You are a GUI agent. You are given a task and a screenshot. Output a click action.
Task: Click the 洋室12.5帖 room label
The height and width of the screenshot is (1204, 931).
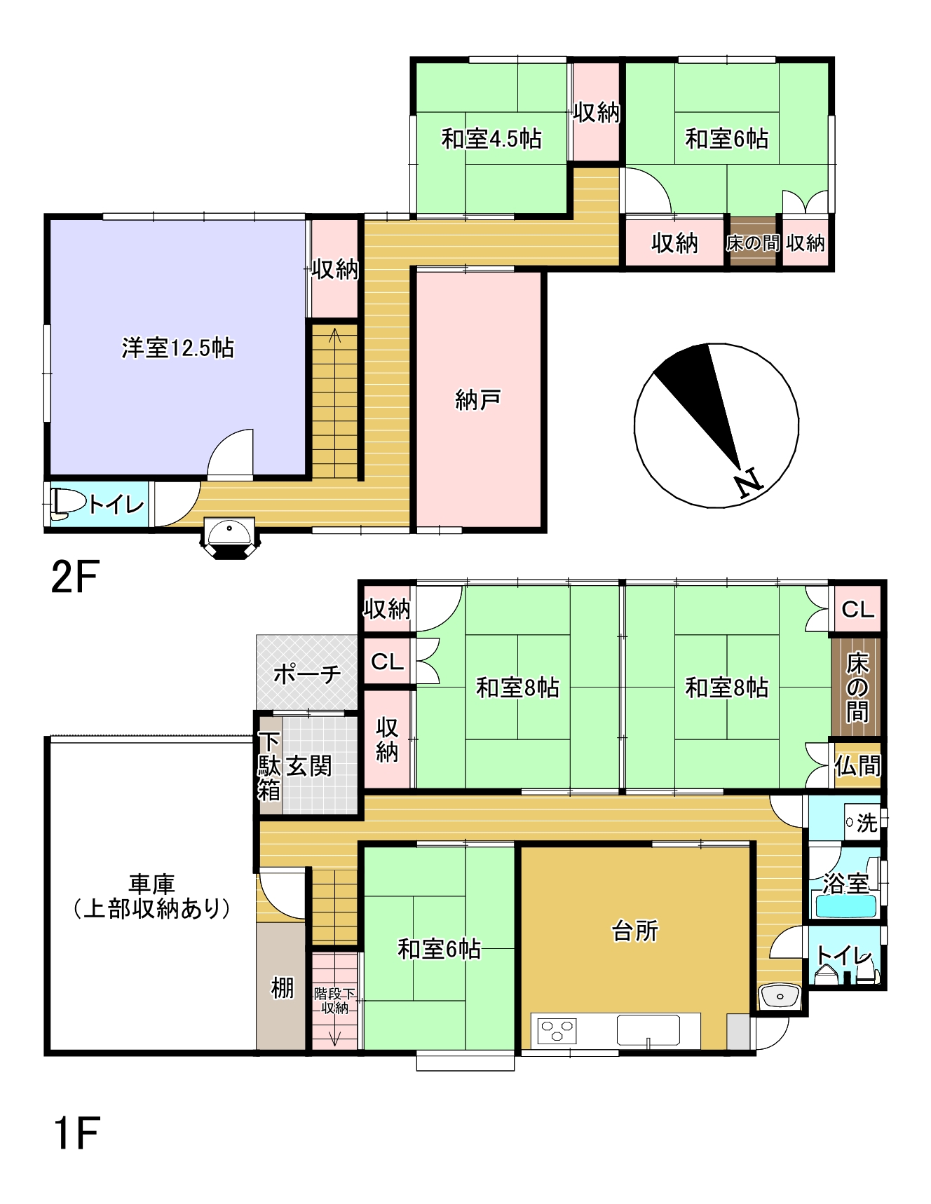pos(177,348)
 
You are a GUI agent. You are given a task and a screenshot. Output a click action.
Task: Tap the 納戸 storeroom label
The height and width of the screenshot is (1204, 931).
pos(478,399)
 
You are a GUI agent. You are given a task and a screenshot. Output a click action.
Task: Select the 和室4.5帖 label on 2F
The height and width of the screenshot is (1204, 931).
pos(491,139)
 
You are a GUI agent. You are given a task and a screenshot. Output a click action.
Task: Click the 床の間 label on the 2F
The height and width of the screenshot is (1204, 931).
pos(752,243)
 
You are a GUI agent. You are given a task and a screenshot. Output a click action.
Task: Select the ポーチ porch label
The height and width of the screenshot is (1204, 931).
pos(307,673)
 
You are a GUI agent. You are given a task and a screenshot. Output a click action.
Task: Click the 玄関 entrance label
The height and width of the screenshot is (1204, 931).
pos(309,766)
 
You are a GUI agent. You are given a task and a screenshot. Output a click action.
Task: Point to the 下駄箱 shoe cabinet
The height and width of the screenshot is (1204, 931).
pos(269,766)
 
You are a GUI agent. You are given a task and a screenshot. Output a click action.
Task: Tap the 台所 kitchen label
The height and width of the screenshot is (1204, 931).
pos(635,931)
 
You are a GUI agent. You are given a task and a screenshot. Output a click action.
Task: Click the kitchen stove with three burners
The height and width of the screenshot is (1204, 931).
pos(557,1030)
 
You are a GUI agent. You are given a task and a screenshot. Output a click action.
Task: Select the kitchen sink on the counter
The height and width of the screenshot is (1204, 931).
pos(648,1030)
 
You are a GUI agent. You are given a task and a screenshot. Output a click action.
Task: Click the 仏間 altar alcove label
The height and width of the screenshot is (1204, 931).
pos(857,766)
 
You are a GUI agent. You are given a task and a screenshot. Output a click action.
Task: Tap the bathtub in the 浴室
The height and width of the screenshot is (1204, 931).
pos(846,906)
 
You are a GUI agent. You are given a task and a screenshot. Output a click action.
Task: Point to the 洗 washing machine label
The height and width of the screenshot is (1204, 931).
pos(867,823)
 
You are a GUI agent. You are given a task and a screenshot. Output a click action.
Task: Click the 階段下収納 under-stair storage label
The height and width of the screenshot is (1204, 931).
pos(335,1001)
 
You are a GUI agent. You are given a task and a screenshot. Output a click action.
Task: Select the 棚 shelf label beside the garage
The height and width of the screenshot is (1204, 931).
pos(282,988)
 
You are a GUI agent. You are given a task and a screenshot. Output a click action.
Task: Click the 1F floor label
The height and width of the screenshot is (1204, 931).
pos(76,1133)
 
